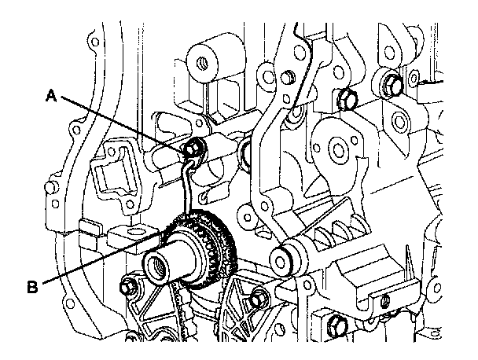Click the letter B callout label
(33, 288)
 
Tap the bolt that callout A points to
(191, 146)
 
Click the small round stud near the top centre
(288, 76)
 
